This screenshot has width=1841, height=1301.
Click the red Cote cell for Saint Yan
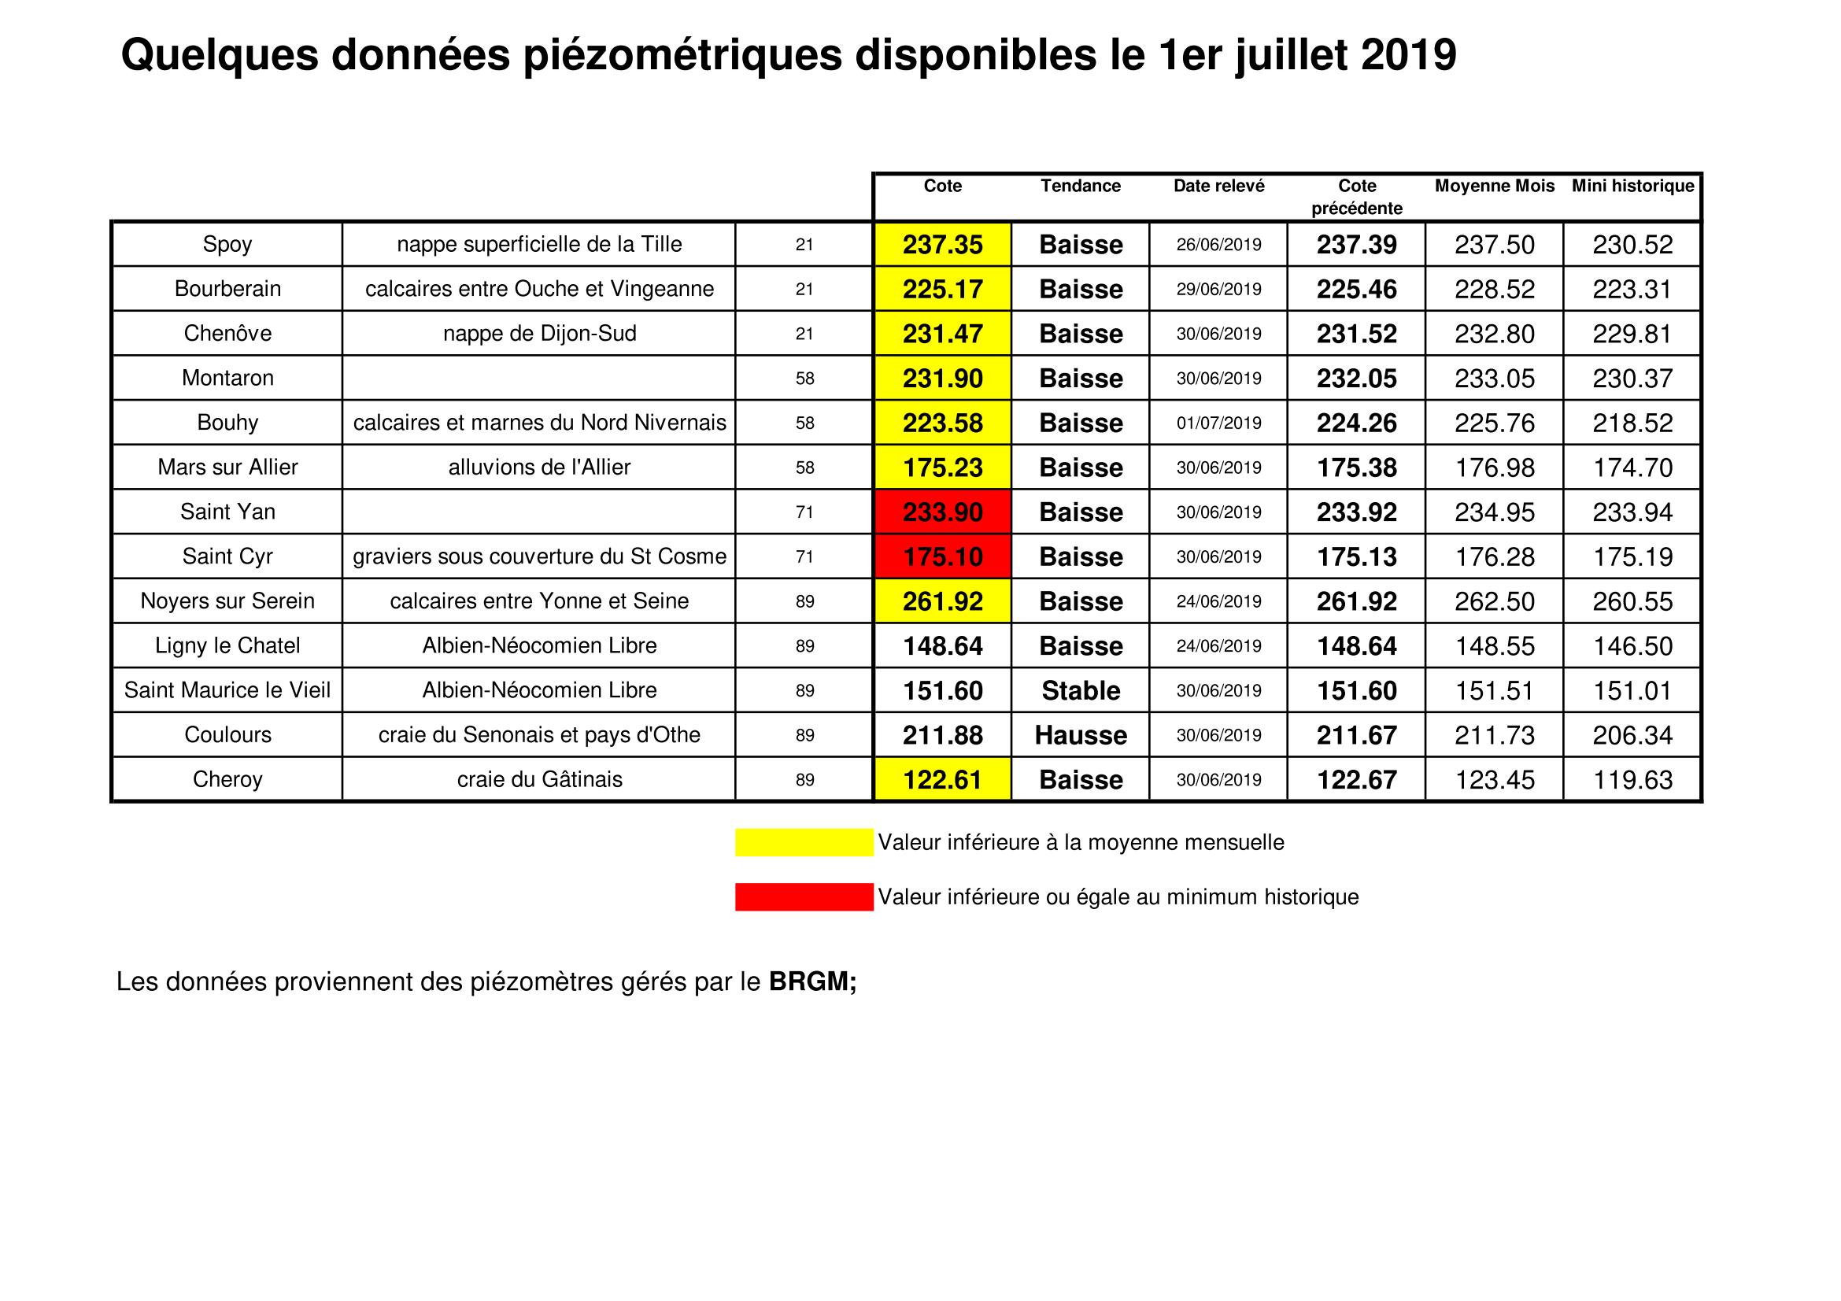(942, 512)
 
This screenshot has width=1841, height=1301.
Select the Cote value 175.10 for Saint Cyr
(942, 557)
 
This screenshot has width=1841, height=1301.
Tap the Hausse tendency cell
(1080, 735)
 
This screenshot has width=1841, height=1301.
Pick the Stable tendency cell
(1080, 691)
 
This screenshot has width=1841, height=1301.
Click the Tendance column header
(1080, 186)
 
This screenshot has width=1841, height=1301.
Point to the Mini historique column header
(1632, 186)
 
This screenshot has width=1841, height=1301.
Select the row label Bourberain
(227, 289)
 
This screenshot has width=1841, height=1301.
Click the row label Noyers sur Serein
(227, 601)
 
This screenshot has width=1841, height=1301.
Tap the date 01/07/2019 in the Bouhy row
(1218, 423)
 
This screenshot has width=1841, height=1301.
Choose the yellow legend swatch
(804, 842)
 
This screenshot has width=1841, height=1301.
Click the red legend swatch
(804, 897)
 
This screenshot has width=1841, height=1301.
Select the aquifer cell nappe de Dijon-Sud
(540, 334)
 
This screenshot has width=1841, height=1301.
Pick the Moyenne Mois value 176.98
(1495, 468)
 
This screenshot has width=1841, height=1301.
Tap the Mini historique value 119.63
(1632, 780)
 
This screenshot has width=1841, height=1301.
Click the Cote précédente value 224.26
(1357, 423)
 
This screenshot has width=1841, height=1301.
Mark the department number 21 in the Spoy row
(804, 245)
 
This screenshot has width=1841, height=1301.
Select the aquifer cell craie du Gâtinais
(540, 780)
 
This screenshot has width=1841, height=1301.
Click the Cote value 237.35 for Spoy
(942, 245)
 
